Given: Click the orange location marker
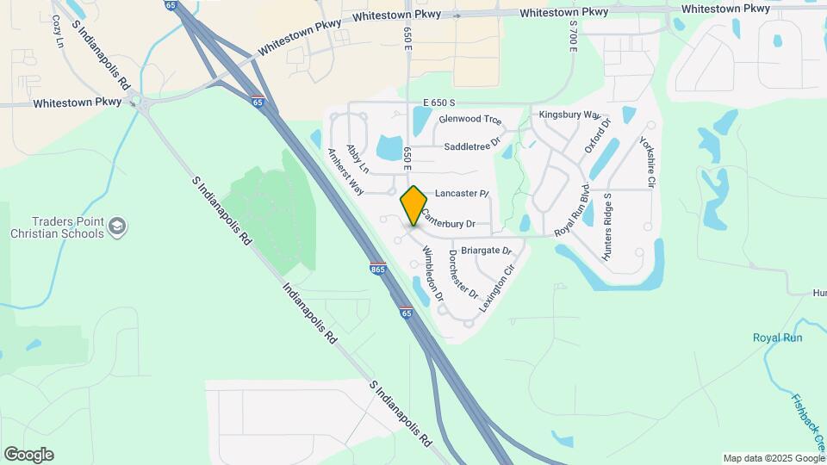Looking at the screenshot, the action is point(413,205).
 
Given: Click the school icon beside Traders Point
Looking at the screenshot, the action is point(118,227).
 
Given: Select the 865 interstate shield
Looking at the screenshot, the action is point(377,269).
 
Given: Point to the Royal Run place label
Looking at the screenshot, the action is point(777,338).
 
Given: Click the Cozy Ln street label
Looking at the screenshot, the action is point(58,31).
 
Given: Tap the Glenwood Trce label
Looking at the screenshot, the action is point(469,120).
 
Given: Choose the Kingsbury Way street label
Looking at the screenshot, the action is point(569,115).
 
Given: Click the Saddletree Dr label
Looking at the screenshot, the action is point(471,146).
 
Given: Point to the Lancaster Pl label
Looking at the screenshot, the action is point(462,194).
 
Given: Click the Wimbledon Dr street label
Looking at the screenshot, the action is point(432,274).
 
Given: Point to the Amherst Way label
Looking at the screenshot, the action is point(345,170).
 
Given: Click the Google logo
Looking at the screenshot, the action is point(28,455).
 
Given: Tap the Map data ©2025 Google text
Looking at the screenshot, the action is point(773,458).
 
